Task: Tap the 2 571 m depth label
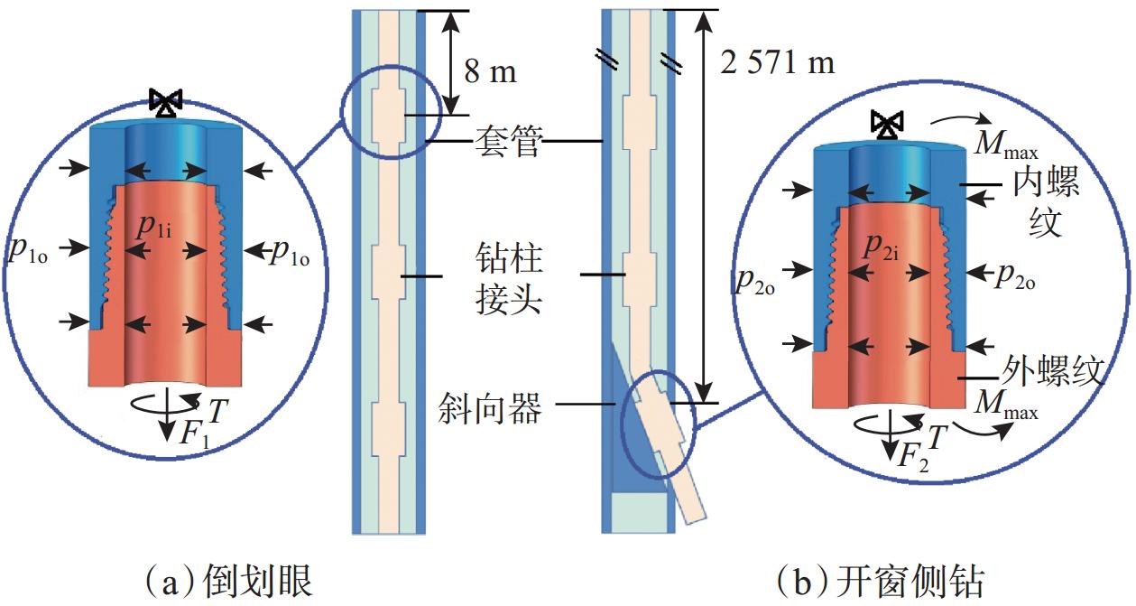tap(778, 61)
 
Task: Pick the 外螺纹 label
tap(1054, 370)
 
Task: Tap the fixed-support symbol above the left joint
tap(165, 104)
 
